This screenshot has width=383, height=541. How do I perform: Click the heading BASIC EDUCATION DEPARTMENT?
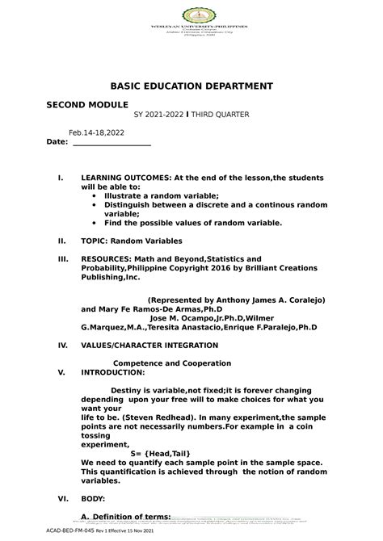[x=191, y=86]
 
